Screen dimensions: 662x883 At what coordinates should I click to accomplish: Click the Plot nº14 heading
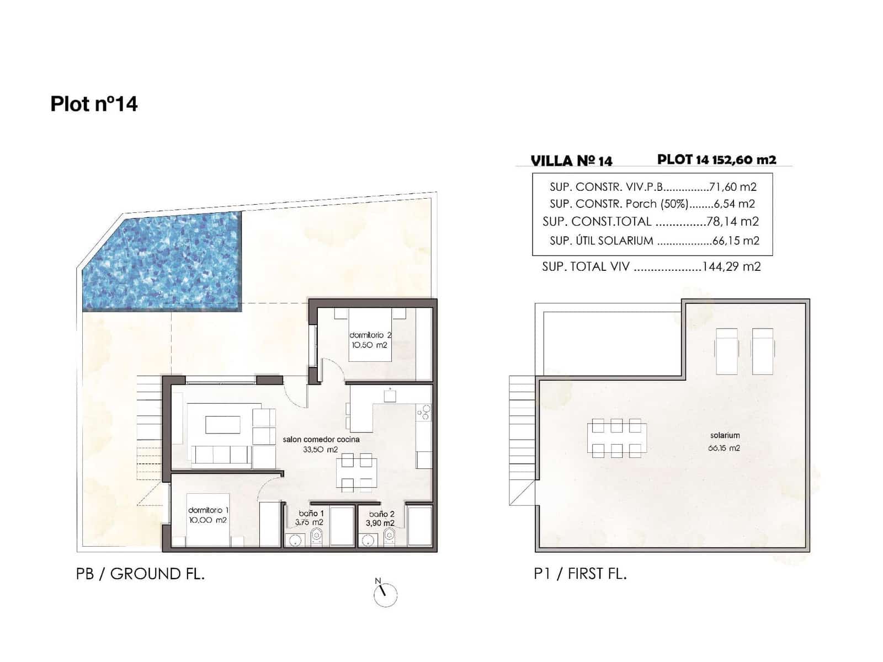(94, 104)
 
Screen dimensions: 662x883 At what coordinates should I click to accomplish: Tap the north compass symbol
(385, 594)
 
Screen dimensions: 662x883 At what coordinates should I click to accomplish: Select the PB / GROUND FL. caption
(140, 574)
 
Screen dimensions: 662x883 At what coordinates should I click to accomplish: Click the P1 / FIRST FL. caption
(580, 574)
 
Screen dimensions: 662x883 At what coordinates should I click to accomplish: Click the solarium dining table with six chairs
(616, 438)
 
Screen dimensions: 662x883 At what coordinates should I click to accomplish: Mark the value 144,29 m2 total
(731, 267)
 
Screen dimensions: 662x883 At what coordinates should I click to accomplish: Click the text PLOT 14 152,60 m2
(716, 159)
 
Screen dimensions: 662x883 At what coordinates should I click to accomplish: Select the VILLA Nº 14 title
(571, 161)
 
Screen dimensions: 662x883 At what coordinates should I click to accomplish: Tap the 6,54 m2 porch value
(734, 204)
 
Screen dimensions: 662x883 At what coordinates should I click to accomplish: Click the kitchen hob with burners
(424, 412)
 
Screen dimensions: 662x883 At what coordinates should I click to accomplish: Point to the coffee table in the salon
(223, 425)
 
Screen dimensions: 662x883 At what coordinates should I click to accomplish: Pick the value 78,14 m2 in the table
(732, 222)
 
